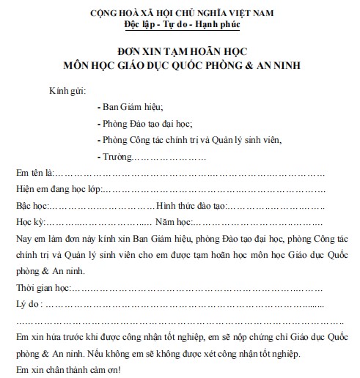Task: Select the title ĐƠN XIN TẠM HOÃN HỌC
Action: (180, 52)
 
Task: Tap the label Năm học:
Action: (173, 221)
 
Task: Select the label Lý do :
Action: (30, 302)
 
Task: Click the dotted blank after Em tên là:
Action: (191, 174)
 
